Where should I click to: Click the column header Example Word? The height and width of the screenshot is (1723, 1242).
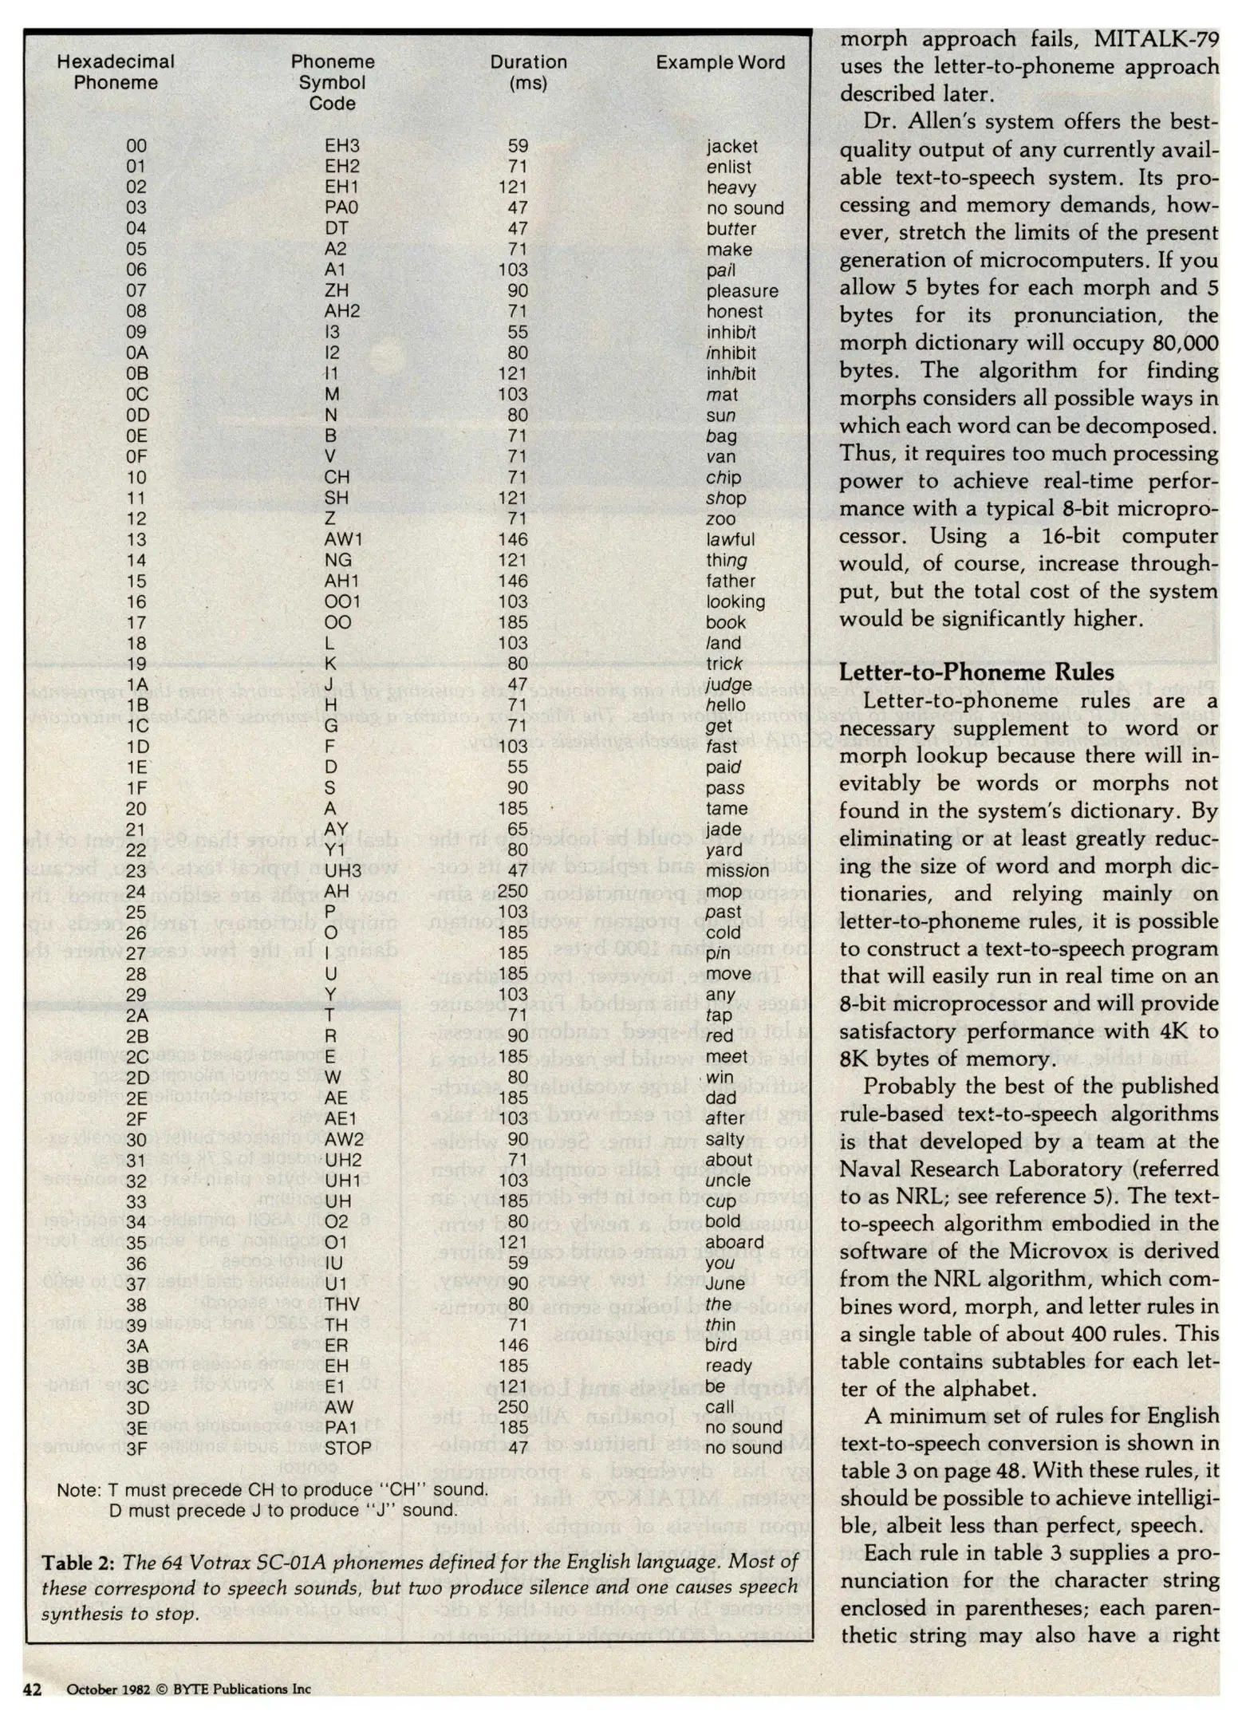click(x=720, y=62)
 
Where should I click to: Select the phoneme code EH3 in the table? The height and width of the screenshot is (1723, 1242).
click(x=342, y=146)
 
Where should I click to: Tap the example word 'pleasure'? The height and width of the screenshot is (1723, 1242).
click(x=742, y=291)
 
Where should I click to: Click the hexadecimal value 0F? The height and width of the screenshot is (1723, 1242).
click(x=136, y=457)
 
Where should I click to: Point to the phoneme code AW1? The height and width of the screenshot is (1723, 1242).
click(x=344, y=540)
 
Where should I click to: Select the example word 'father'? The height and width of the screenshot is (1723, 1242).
click(x=730, y=582)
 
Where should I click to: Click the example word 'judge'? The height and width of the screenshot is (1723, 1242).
click(x=728, y=684)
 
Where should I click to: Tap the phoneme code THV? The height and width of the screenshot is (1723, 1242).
click(x=342, y=1304)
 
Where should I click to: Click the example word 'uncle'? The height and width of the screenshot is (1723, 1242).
click(x=727, y=1181)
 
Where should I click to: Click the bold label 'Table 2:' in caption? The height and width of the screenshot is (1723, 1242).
click(x=77, y=1563)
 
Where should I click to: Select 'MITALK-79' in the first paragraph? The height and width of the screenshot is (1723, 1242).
click(x=1156, y=39)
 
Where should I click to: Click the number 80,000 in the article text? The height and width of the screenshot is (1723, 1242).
click(x=1185, y=343)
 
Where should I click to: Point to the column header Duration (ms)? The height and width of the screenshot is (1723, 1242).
click(x=528, y=73)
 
